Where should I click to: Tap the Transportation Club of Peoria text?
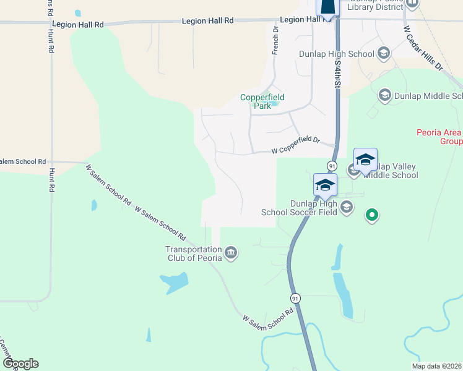[193, 254]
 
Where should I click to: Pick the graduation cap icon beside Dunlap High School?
[384, 54]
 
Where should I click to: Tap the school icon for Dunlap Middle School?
[385, 95]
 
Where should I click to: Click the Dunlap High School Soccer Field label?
[299, 208]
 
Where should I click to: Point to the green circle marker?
[372, 215]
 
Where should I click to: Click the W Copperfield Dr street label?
[296, 147]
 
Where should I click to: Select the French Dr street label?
[276, 41]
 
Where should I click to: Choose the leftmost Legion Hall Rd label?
[78, 24]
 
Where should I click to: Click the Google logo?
[20, 364]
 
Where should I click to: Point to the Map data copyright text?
[436, 366]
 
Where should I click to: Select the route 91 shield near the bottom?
[296, 297]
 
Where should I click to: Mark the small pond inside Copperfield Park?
[275, 103]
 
